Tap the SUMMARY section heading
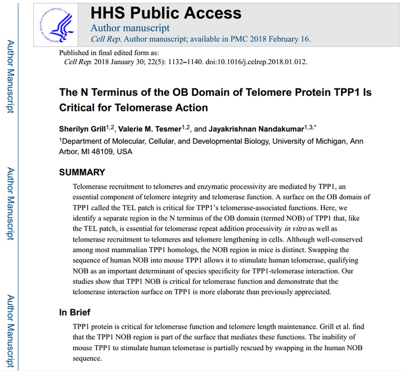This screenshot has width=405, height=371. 82,172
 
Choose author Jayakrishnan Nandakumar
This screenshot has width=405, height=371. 253,129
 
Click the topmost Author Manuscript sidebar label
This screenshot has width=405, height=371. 10,77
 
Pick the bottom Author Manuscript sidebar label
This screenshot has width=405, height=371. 10,329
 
